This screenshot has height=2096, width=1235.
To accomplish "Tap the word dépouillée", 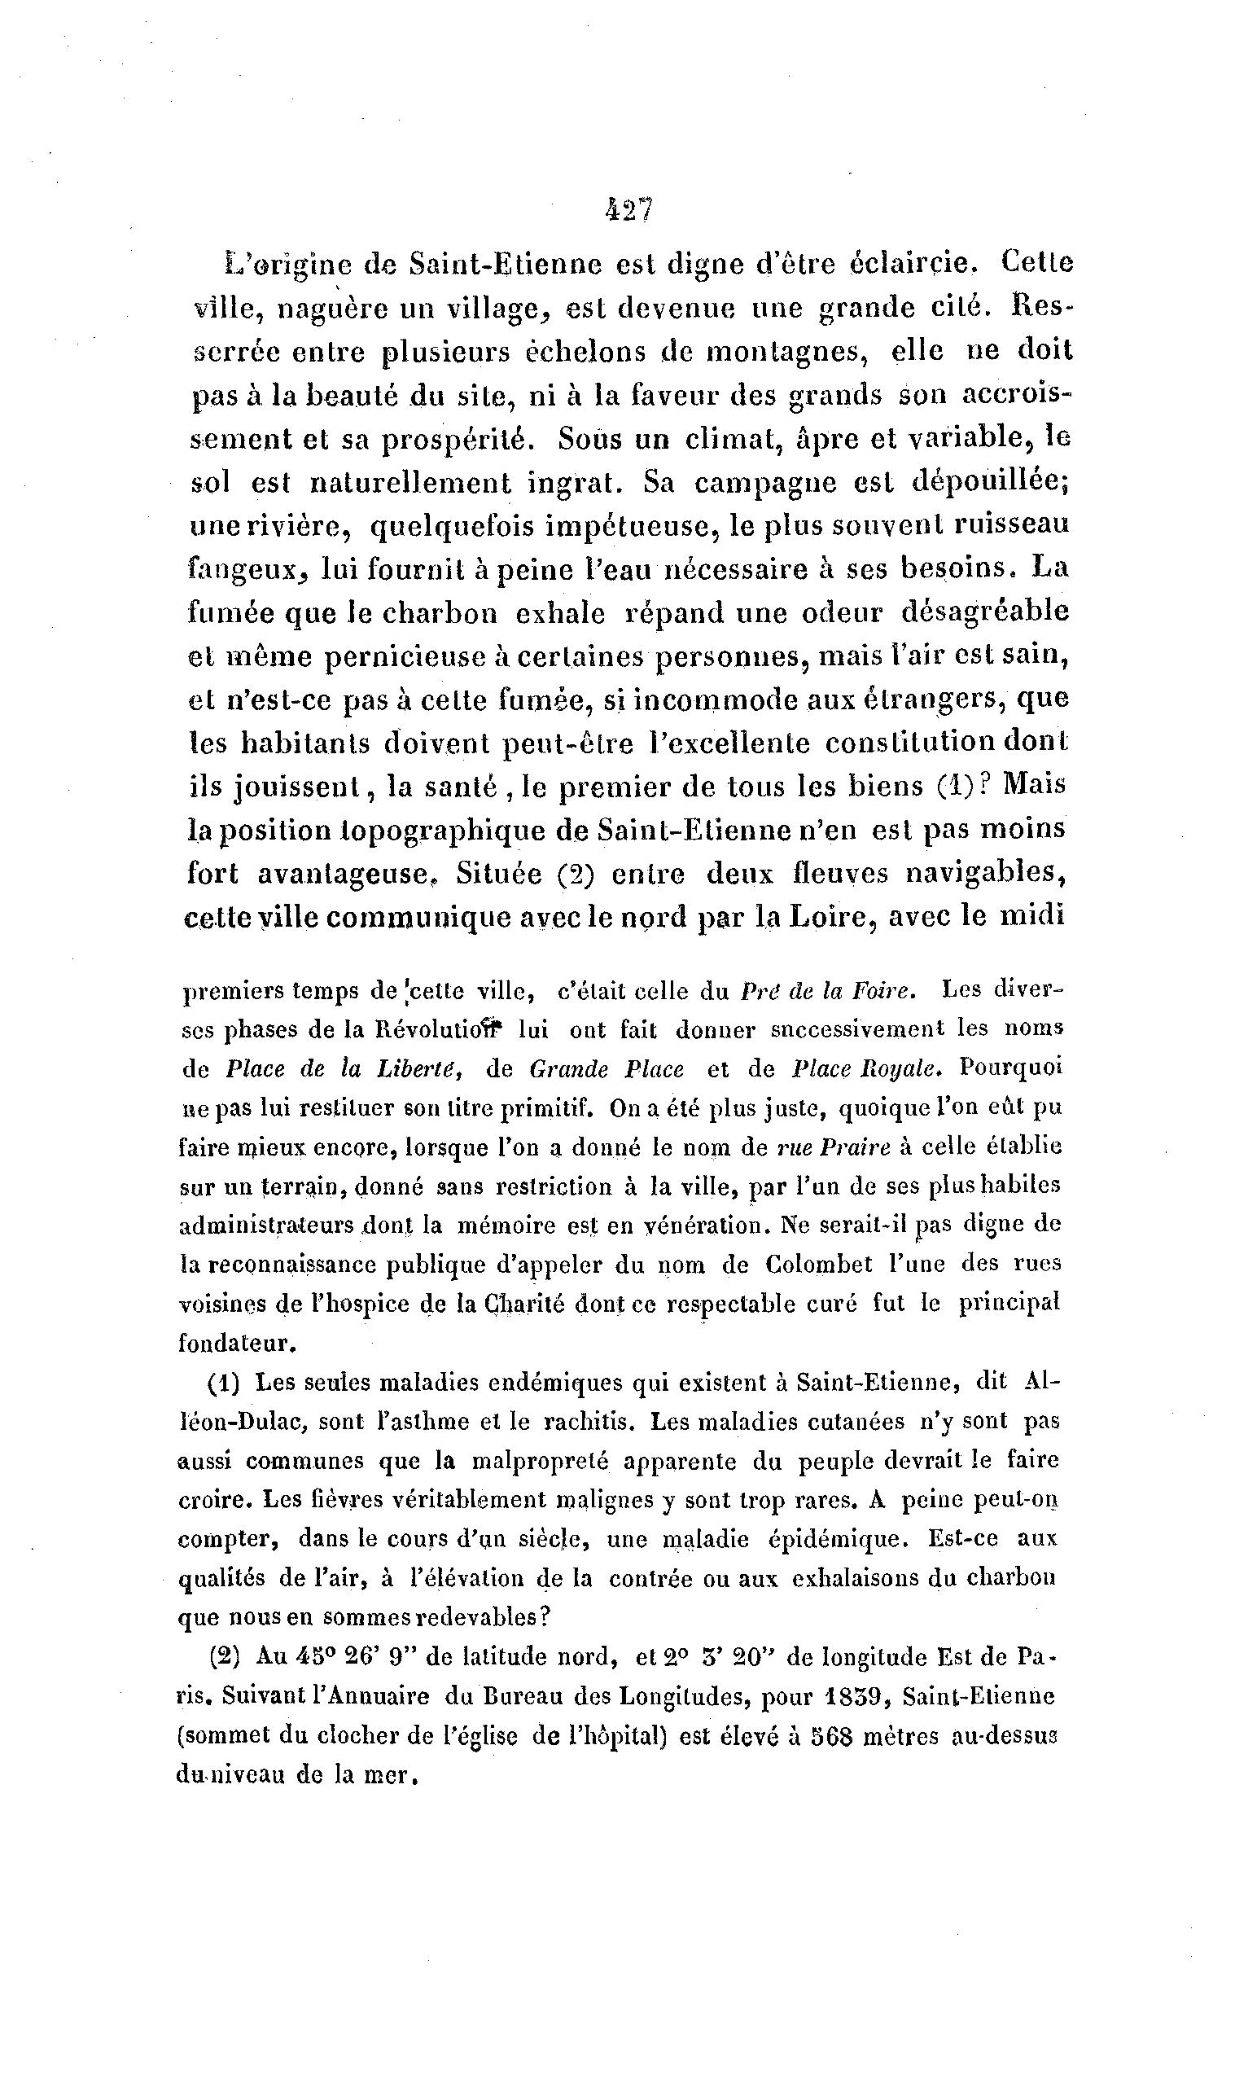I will point(988,483).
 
